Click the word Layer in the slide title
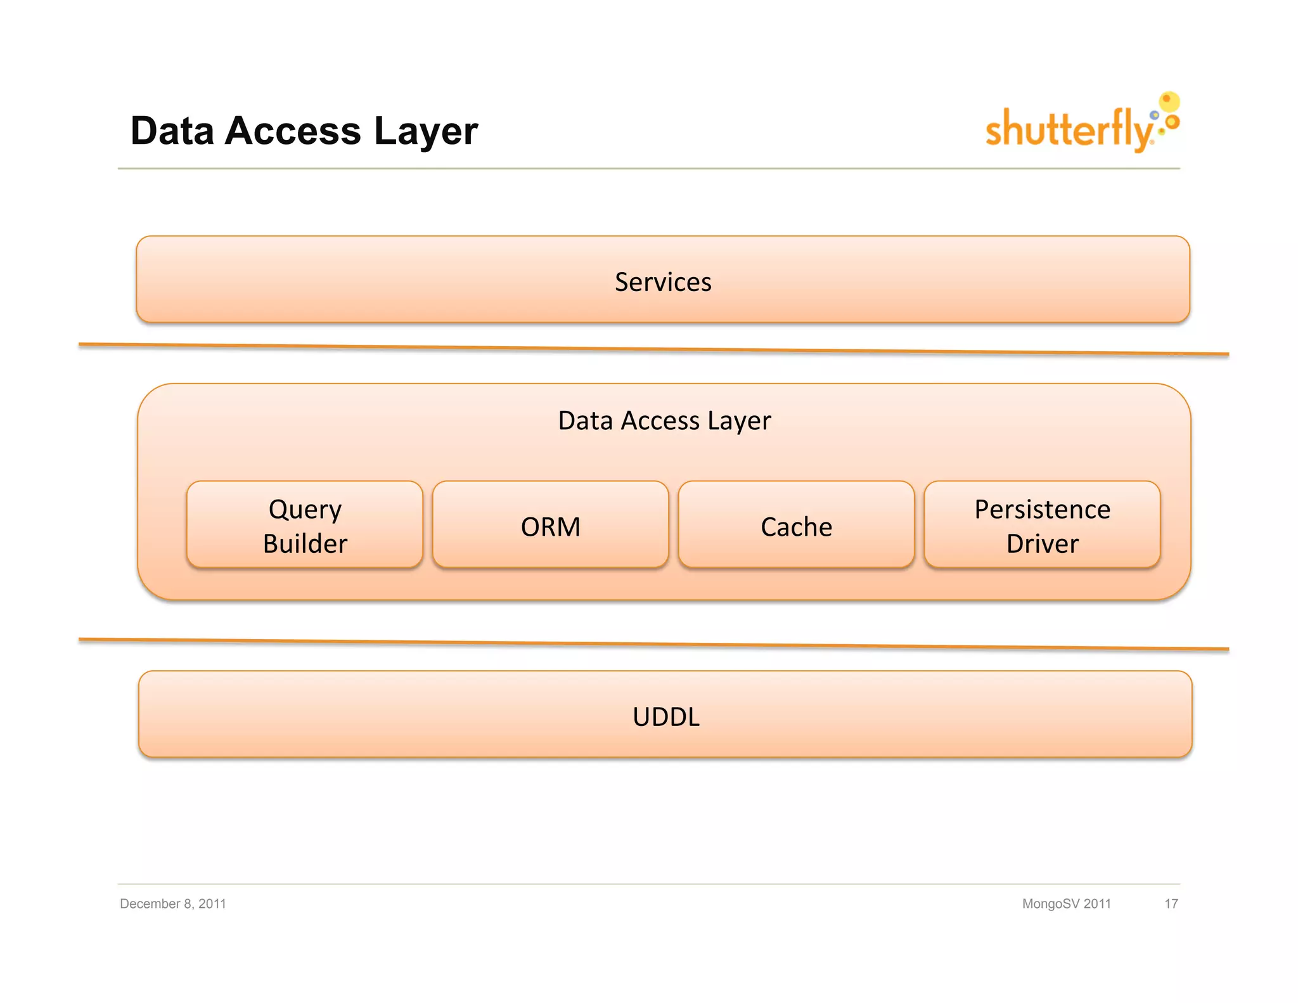425,131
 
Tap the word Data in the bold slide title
172,131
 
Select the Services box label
663,282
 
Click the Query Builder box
305,525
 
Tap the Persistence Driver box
1042,525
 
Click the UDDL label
665,716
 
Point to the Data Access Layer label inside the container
664,420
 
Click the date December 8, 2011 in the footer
173,903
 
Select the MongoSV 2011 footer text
1066,903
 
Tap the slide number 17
1171,903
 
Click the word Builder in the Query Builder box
305,543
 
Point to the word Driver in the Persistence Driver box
1042,543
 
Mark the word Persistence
1042,509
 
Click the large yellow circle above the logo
1169,101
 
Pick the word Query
305,510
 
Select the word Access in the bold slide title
293,131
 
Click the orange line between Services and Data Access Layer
653,349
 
